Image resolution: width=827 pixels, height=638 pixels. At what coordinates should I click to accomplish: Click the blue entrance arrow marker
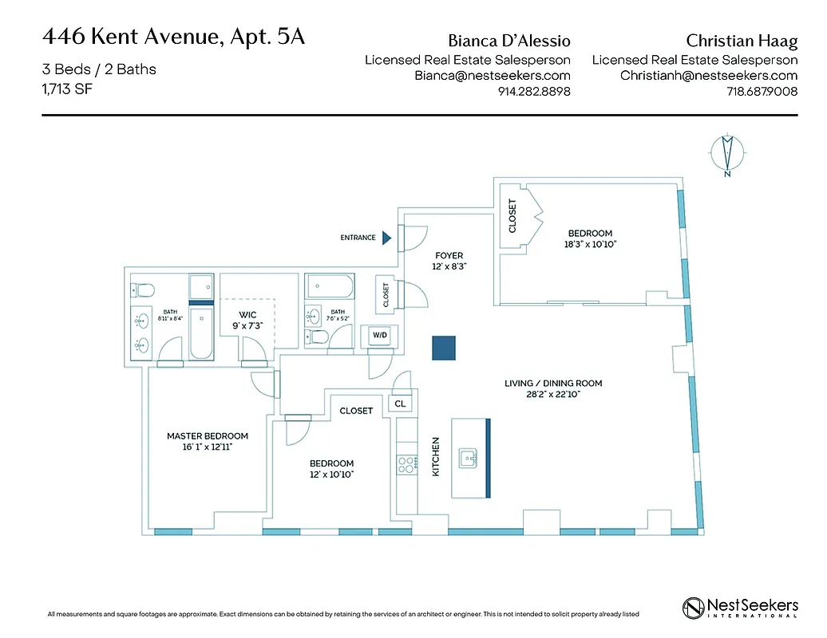(x=386, y=237)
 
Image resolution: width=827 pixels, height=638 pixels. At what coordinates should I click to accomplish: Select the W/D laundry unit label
(x=379, y=336)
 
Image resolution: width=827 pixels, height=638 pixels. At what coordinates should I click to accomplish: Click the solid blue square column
(x=444, y=348)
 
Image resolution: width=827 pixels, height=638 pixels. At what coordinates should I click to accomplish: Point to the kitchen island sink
(x=468, y=458)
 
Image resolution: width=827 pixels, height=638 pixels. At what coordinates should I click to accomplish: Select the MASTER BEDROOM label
(x=208, y=436)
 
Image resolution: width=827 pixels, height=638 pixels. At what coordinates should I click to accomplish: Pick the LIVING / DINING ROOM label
(x=553, y=384)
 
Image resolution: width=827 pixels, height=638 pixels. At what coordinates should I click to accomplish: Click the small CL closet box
(x=400, y=404)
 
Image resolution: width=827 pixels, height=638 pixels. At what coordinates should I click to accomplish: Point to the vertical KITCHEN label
(x=436, y=457)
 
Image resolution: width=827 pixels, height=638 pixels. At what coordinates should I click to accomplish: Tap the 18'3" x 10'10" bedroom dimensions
(x=591, y=245)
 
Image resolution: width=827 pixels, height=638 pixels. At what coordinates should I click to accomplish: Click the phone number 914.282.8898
(x=533, y=92)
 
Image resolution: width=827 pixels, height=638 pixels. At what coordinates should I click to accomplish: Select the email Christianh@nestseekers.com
(x=709, y=76)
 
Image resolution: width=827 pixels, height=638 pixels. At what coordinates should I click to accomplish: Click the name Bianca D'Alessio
(x=509, y=40)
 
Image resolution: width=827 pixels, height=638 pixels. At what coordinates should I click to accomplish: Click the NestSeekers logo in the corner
(x=740, y=608)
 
